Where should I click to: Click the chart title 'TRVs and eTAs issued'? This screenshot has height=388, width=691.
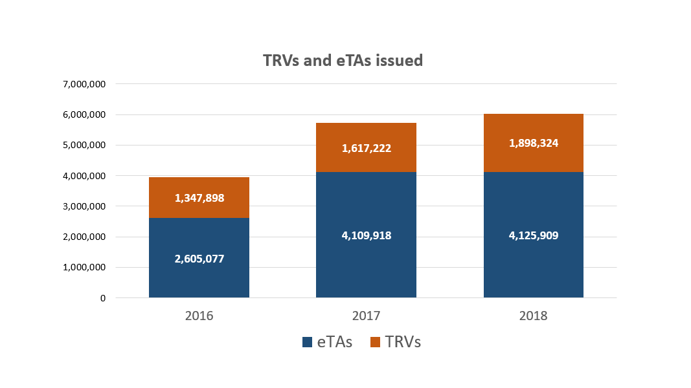click(x=343, y=61)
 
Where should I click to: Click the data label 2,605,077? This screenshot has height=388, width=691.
click(x=199, y=259)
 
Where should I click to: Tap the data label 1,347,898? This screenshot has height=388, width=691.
click(x=199, y=198)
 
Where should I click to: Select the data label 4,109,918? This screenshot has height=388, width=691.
click(x=366, y=235)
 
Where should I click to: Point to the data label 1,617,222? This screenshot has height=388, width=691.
click(x=366, y=148)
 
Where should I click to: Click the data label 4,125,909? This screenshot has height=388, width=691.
click(x=534, y=235)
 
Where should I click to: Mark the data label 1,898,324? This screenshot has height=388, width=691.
click(x=534, y=144)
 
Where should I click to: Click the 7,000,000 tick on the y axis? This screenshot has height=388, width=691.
click(x=85, y=84)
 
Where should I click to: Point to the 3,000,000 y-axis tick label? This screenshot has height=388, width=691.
click(x=85, y=206)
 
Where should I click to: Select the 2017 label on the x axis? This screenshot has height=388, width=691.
click(x=366, y=316)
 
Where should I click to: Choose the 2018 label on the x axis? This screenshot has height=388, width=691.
click(x=534, y=316)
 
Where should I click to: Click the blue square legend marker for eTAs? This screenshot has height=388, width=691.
click(x=308, y=343)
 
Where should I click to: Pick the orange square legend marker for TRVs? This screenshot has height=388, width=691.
click(x=376, y=343)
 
